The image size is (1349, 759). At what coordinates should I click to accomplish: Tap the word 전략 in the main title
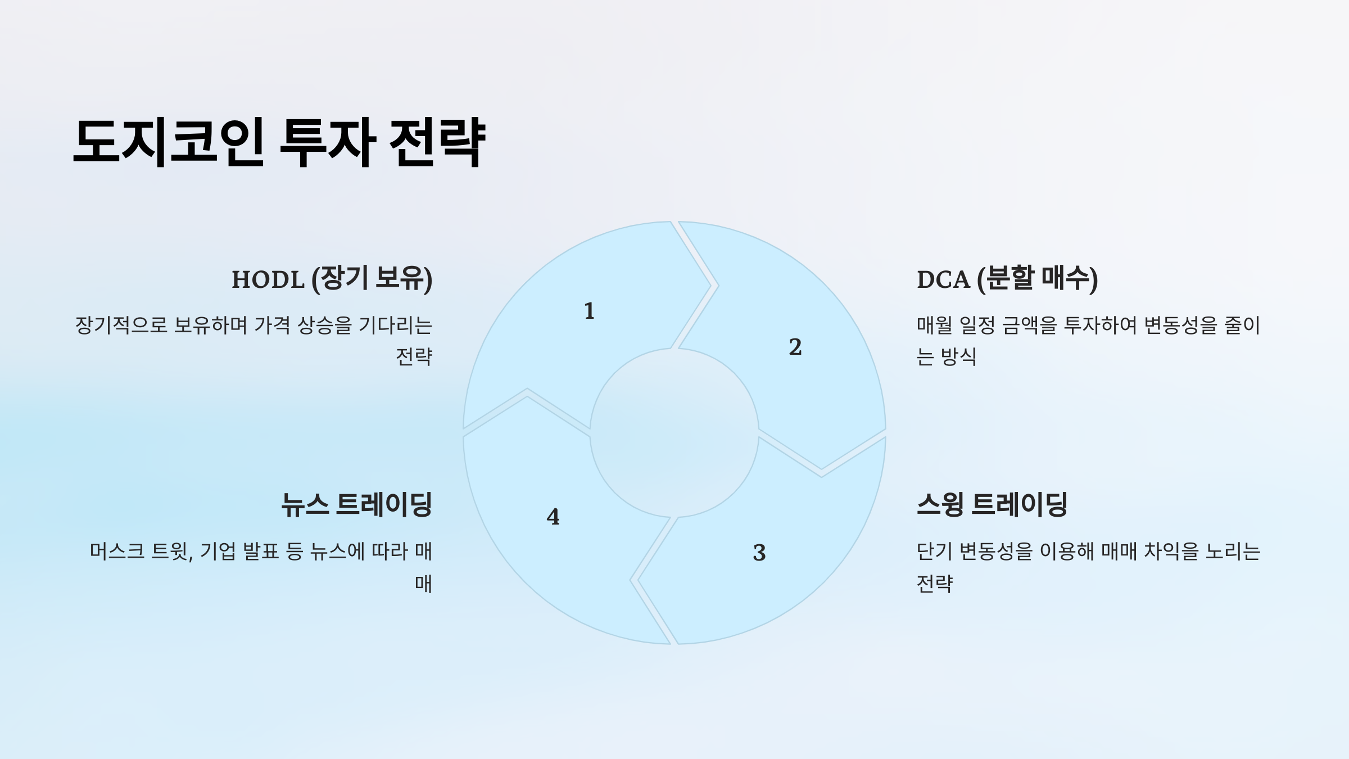tap(437, 142)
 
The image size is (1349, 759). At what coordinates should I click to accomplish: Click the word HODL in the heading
tap(268, 279)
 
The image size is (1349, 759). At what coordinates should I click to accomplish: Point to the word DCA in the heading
tap(943, 279)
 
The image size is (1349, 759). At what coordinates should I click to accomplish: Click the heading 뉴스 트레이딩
tap(356, 504)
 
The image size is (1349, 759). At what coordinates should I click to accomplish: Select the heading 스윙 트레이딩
tap(992, 504)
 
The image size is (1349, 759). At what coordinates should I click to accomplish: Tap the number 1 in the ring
tap(589, 311)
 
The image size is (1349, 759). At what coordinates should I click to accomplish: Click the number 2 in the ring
tap(795, 347)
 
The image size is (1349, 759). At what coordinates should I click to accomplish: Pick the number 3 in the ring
tap(759, 553)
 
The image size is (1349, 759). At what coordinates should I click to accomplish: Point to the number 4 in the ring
tap(553, 517)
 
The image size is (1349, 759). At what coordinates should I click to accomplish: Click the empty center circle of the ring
tap(674, 433)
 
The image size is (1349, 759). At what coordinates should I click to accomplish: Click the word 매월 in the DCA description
tap(934, 326)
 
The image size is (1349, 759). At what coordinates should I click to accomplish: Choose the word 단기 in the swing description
tap(934, 552)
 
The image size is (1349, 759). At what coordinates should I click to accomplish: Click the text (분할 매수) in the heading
tap(1037, 279)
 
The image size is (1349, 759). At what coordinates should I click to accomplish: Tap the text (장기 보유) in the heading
tap(372, 279)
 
